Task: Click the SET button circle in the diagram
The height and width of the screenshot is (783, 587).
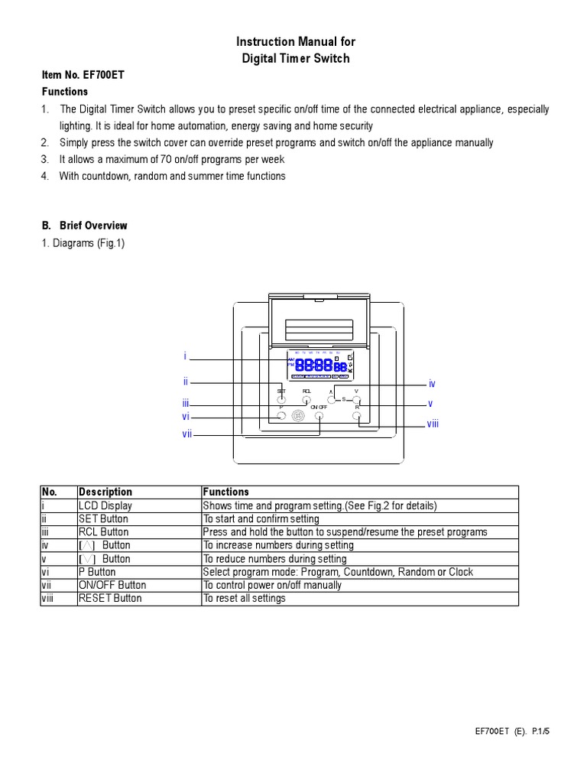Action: pos(281,399)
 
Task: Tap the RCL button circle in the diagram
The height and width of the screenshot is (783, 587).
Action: pos(306,399)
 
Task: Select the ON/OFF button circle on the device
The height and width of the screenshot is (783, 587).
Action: pos(319,417)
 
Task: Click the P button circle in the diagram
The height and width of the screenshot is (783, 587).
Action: pos(281,416)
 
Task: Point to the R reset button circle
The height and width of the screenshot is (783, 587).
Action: pos(357,416)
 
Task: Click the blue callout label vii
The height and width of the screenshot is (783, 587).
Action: pos(186,434)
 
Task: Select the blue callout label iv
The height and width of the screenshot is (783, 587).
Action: pos(432,384)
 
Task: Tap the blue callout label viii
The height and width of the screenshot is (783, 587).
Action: pos(433,424)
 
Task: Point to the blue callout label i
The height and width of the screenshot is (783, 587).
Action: pos(185,356)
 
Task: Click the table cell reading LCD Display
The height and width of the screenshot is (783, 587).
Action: pos(105,505)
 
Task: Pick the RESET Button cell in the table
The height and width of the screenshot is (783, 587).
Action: pos(110,598)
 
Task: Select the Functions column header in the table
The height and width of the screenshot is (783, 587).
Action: pos(226,492)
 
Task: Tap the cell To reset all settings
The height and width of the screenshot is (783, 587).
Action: pos(245,598)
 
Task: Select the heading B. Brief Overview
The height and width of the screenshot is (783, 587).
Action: pos(84,226)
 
